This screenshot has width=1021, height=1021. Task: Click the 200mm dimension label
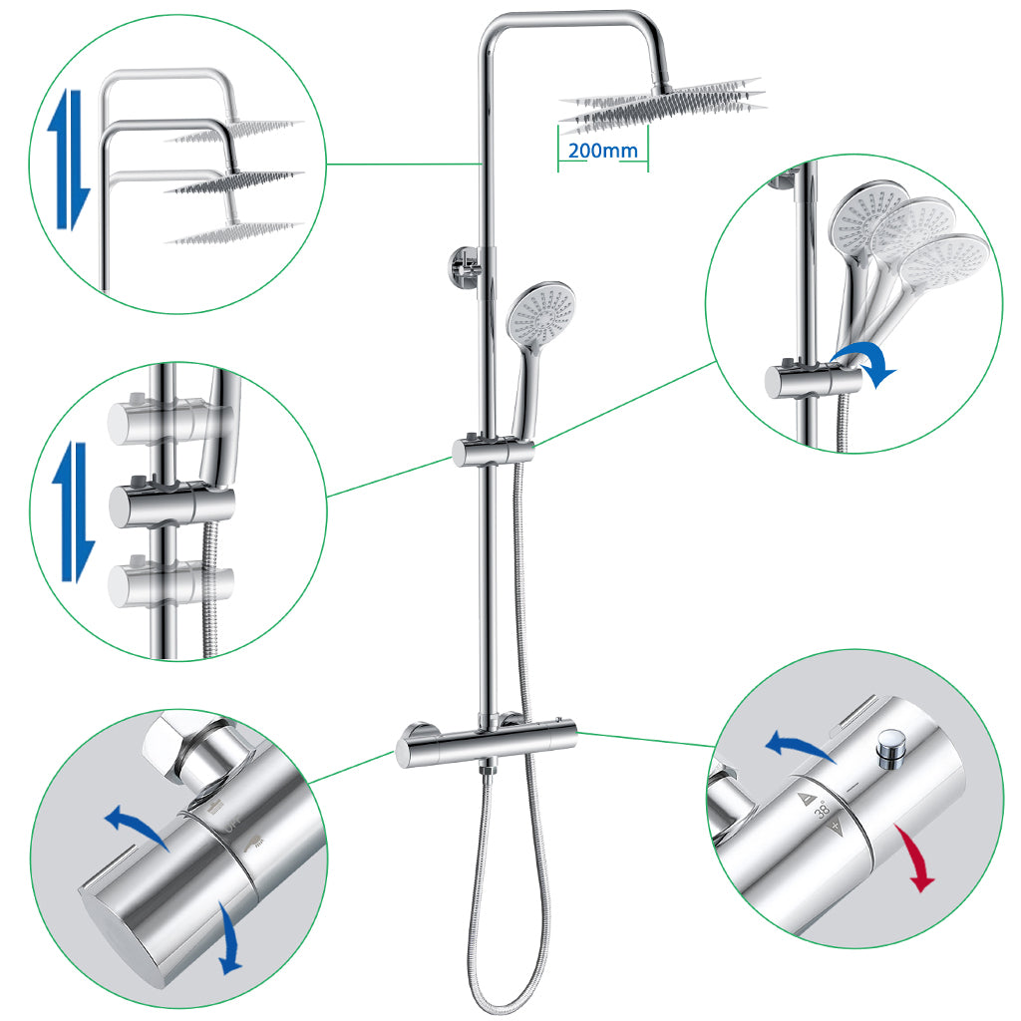pos(603,152)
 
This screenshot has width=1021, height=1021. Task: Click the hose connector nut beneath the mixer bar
pos(488,769)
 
